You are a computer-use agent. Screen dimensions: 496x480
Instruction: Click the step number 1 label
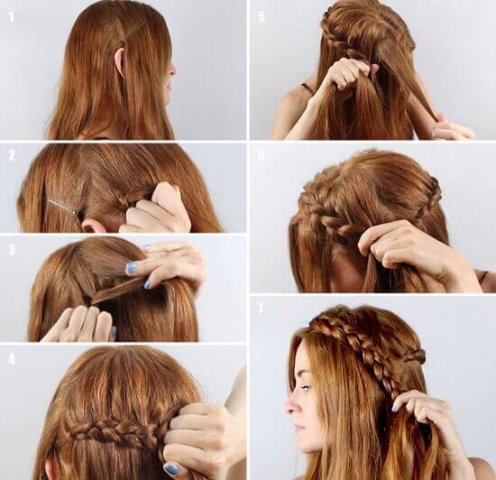click(x=11, y=17)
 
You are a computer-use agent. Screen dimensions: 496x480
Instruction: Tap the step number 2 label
click(x=12, y=155)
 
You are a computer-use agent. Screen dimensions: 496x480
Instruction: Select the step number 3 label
click(x=12, y=250)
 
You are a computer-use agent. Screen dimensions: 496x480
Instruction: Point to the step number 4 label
click(x=12, y=360)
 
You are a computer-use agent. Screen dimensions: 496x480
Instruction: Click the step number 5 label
click(x=262, y=17)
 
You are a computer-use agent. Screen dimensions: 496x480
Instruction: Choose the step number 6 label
click(x=262, y=155)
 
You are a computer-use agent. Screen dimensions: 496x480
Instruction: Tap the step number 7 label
click(x=261, y=309)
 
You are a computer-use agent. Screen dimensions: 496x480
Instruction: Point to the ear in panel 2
click(x=92, y=225)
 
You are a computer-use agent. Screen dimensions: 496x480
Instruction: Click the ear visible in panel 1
click(x=119, y=60)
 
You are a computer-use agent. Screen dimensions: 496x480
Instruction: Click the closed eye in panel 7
click(x=305, y=387)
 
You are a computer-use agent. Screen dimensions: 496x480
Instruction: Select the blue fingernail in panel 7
click(x=395, y=408)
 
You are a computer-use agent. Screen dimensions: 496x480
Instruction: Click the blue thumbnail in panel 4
click(x=172, y=467)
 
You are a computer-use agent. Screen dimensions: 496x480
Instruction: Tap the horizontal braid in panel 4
click(x=113, y=429)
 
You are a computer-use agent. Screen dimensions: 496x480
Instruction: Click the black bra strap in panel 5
click(x=308, y=88)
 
